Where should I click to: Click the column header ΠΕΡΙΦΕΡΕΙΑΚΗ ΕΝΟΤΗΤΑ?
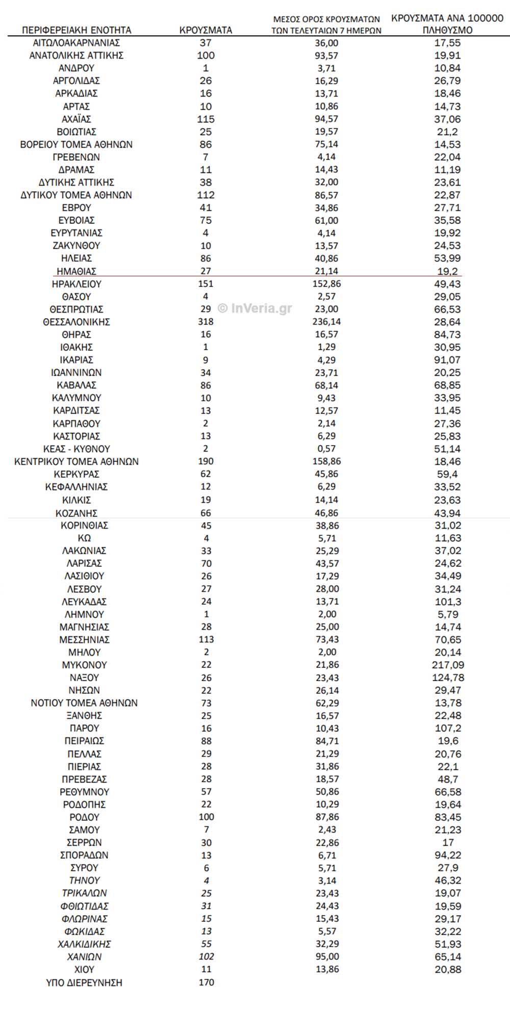pyautogui.click(x=76, y=30)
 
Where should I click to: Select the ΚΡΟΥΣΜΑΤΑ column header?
pyautogui.click(x=206, y=30)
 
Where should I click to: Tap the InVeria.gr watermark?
pyautogui.click(x=255, y=308)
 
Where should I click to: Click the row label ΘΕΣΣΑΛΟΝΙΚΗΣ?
pyautogui.click(x=76, y=322)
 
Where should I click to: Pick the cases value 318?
pyautogui.click(x=206, y=322)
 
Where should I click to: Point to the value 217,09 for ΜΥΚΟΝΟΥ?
pyautogui.click(x=448, y=665)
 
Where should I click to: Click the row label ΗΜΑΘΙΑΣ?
pyautogui.click(x=76, y=271)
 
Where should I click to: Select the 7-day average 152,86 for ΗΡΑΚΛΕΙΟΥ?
pyautogui.click(x=326, y=284)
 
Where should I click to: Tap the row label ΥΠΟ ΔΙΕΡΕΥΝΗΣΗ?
pyautogui.click(x=84, y=982)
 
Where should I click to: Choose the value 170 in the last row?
pyautogui.click(x=206, y=982)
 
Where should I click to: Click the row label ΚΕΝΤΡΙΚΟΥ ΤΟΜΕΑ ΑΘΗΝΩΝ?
pyautogui.click(x=76, y=461)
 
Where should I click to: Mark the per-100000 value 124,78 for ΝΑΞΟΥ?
pyautogui.click(x=448, y=678)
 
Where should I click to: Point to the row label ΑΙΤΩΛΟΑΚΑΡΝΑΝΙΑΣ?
pyautogui.click(x=76, y=43)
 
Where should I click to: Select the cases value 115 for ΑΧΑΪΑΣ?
pyautogui.click(x=206, y=119)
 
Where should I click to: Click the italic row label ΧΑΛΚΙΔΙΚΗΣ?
pyautogui.click(x=84, y=944)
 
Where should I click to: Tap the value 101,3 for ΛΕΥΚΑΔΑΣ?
pyautogui.click(x=448, y=602)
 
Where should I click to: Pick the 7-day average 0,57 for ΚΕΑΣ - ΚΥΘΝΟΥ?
pyautogui.click(x=326, y=449)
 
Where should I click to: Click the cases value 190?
pyautogui.click(x=206, y=461)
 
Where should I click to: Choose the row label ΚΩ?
pyautogui.click(x=84, y=538)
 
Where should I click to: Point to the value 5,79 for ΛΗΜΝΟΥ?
pyautogui.click(x=448, y=614)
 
